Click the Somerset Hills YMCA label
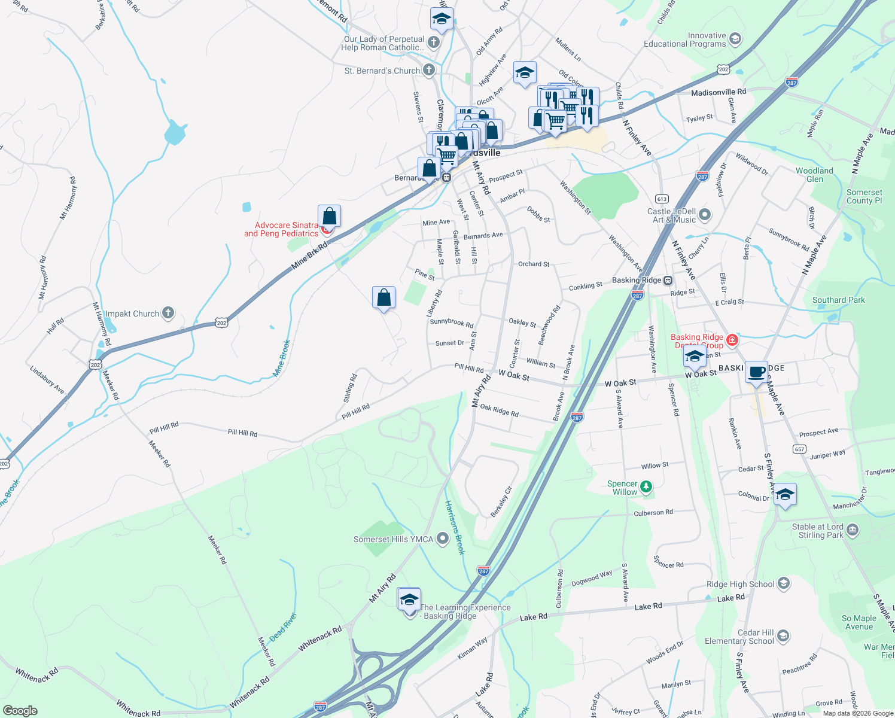(393, 539)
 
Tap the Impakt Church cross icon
(169, 312)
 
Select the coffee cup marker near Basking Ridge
(757, 372)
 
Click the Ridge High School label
(740, 584)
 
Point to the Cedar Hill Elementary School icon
(783, 635)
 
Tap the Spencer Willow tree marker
(646, 486)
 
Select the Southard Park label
(838, 300)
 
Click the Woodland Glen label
(814, 175)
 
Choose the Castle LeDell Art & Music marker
(705, 214)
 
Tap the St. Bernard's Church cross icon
(429, 70)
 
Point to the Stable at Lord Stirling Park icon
(853, 530)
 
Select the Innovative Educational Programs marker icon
(735, 39)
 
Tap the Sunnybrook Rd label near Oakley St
(451, 323)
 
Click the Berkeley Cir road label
(501, 501)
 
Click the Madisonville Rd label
(719, 92)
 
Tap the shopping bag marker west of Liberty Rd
(383, 297)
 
